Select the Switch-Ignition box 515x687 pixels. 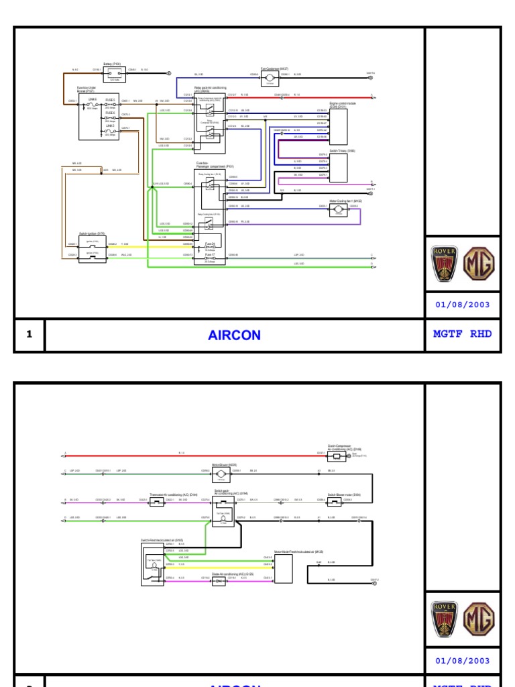coord(93,249)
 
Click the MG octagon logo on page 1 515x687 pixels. coord(480,264)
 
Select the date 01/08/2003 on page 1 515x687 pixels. coord(463,304)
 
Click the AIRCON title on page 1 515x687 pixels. coord(234,335)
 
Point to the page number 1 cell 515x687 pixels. coord(30,335)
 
